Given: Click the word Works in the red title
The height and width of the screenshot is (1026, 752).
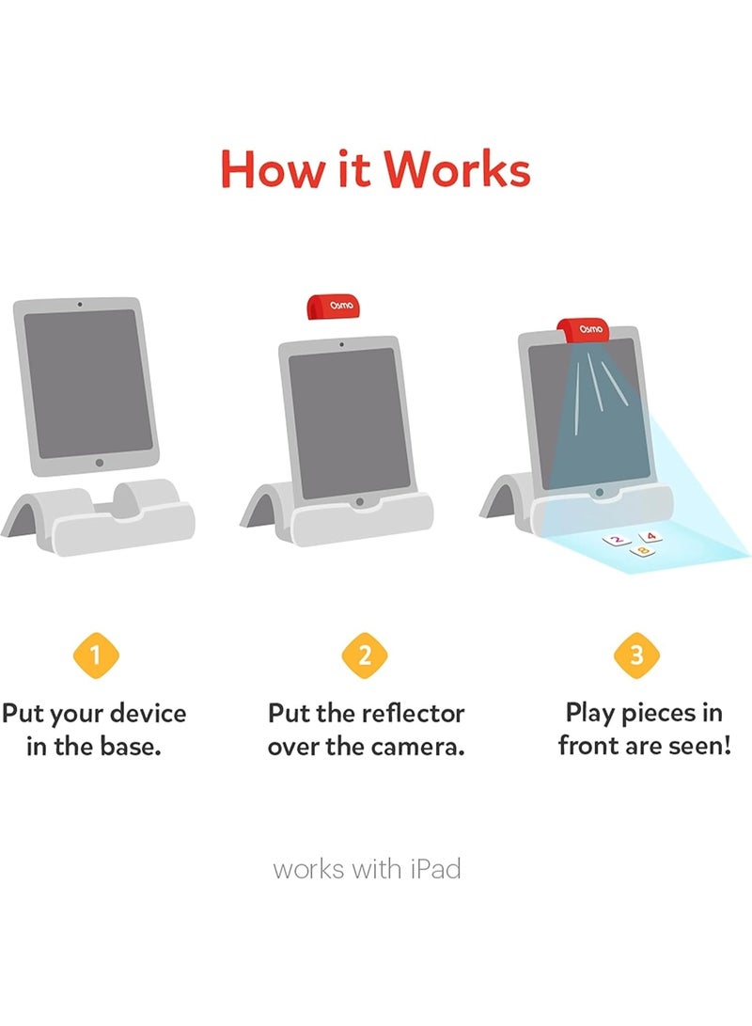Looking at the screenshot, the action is (x=457, y=169).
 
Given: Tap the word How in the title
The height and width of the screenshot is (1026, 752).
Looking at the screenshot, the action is (x=272, y=169).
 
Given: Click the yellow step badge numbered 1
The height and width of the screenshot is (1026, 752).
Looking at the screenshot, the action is (x=96, y=655).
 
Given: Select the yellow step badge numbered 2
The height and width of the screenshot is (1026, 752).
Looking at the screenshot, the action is (x=365, y=655).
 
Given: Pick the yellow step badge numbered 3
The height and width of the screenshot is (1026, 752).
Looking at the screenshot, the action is (x=636, y=655).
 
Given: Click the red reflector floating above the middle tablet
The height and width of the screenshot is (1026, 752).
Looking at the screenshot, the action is (x=334, y=307).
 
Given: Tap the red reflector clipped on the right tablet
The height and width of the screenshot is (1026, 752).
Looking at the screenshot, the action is (x=584, y=329).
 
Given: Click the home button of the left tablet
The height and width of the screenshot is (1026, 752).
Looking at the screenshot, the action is (x=100, y=463).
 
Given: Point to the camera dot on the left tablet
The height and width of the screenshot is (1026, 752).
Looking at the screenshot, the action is (x=80, y=305).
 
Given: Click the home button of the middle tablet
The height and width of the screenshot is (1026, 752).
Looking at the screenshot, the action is (x=360, y=502).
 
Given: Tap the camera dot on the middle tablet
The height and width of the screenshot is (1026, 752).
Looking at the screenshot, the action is (x=342, y=343).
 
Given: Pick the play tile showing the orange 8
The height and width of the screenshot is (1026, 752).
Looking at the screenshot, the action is (x=643, y=552).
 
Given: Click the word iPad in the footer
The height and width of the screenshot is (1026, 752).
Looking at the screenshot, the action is (x=435, y=870).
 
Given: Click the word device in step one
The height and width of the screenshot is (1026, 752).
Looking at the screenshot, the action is (x=148, y=713).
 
